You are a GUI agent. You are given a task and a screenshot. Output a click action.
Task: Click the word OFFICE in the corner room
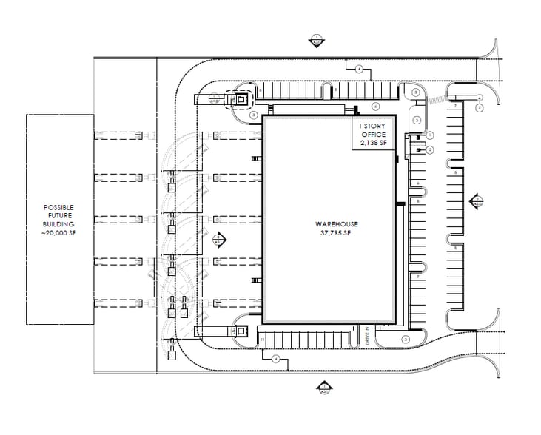(x=371, y=134)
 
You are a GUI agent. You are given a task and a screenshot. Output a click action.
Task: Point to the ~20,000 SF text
(x=59, y=233)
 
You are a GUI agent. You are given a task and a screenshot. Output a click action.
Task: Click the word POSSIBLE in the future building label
(x=59, y=207)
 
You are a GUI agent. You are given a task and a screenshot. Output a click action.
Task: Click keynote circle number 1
(x=429, y=135)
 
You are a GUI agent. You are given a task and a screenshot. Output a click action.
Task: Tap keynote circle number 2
(x=429, y=149)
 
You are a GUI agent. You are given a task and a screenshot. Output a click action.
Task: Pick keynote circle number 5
(x=479, y=108)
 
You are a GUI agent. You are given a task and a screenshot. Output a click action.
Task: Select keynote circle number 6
(x=375, y=106)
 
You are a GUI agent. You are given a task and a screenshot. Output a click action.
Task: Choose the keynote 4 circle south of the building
(x=276, y=359)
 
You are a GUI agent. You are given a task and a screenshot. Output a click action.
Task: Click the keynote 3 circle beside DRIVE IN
(x=406, y=339)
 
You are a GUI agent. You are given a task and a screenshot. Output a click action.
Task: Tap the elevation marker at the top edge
(x=317, y=40)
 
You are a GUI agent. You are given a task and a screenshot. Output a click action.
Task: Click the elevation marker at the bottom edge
(x=323, y=386)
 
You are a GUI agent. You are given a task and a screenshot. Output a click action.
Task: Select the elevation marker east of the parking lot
(x=478, y=200)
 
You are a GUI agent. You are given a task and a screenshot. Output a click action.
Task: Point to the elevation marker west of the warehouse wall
(x=219, y=240)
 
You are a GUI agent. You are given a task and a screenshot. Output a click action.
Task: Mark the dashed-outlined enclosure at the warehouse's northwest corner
(x=239, y=99)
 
